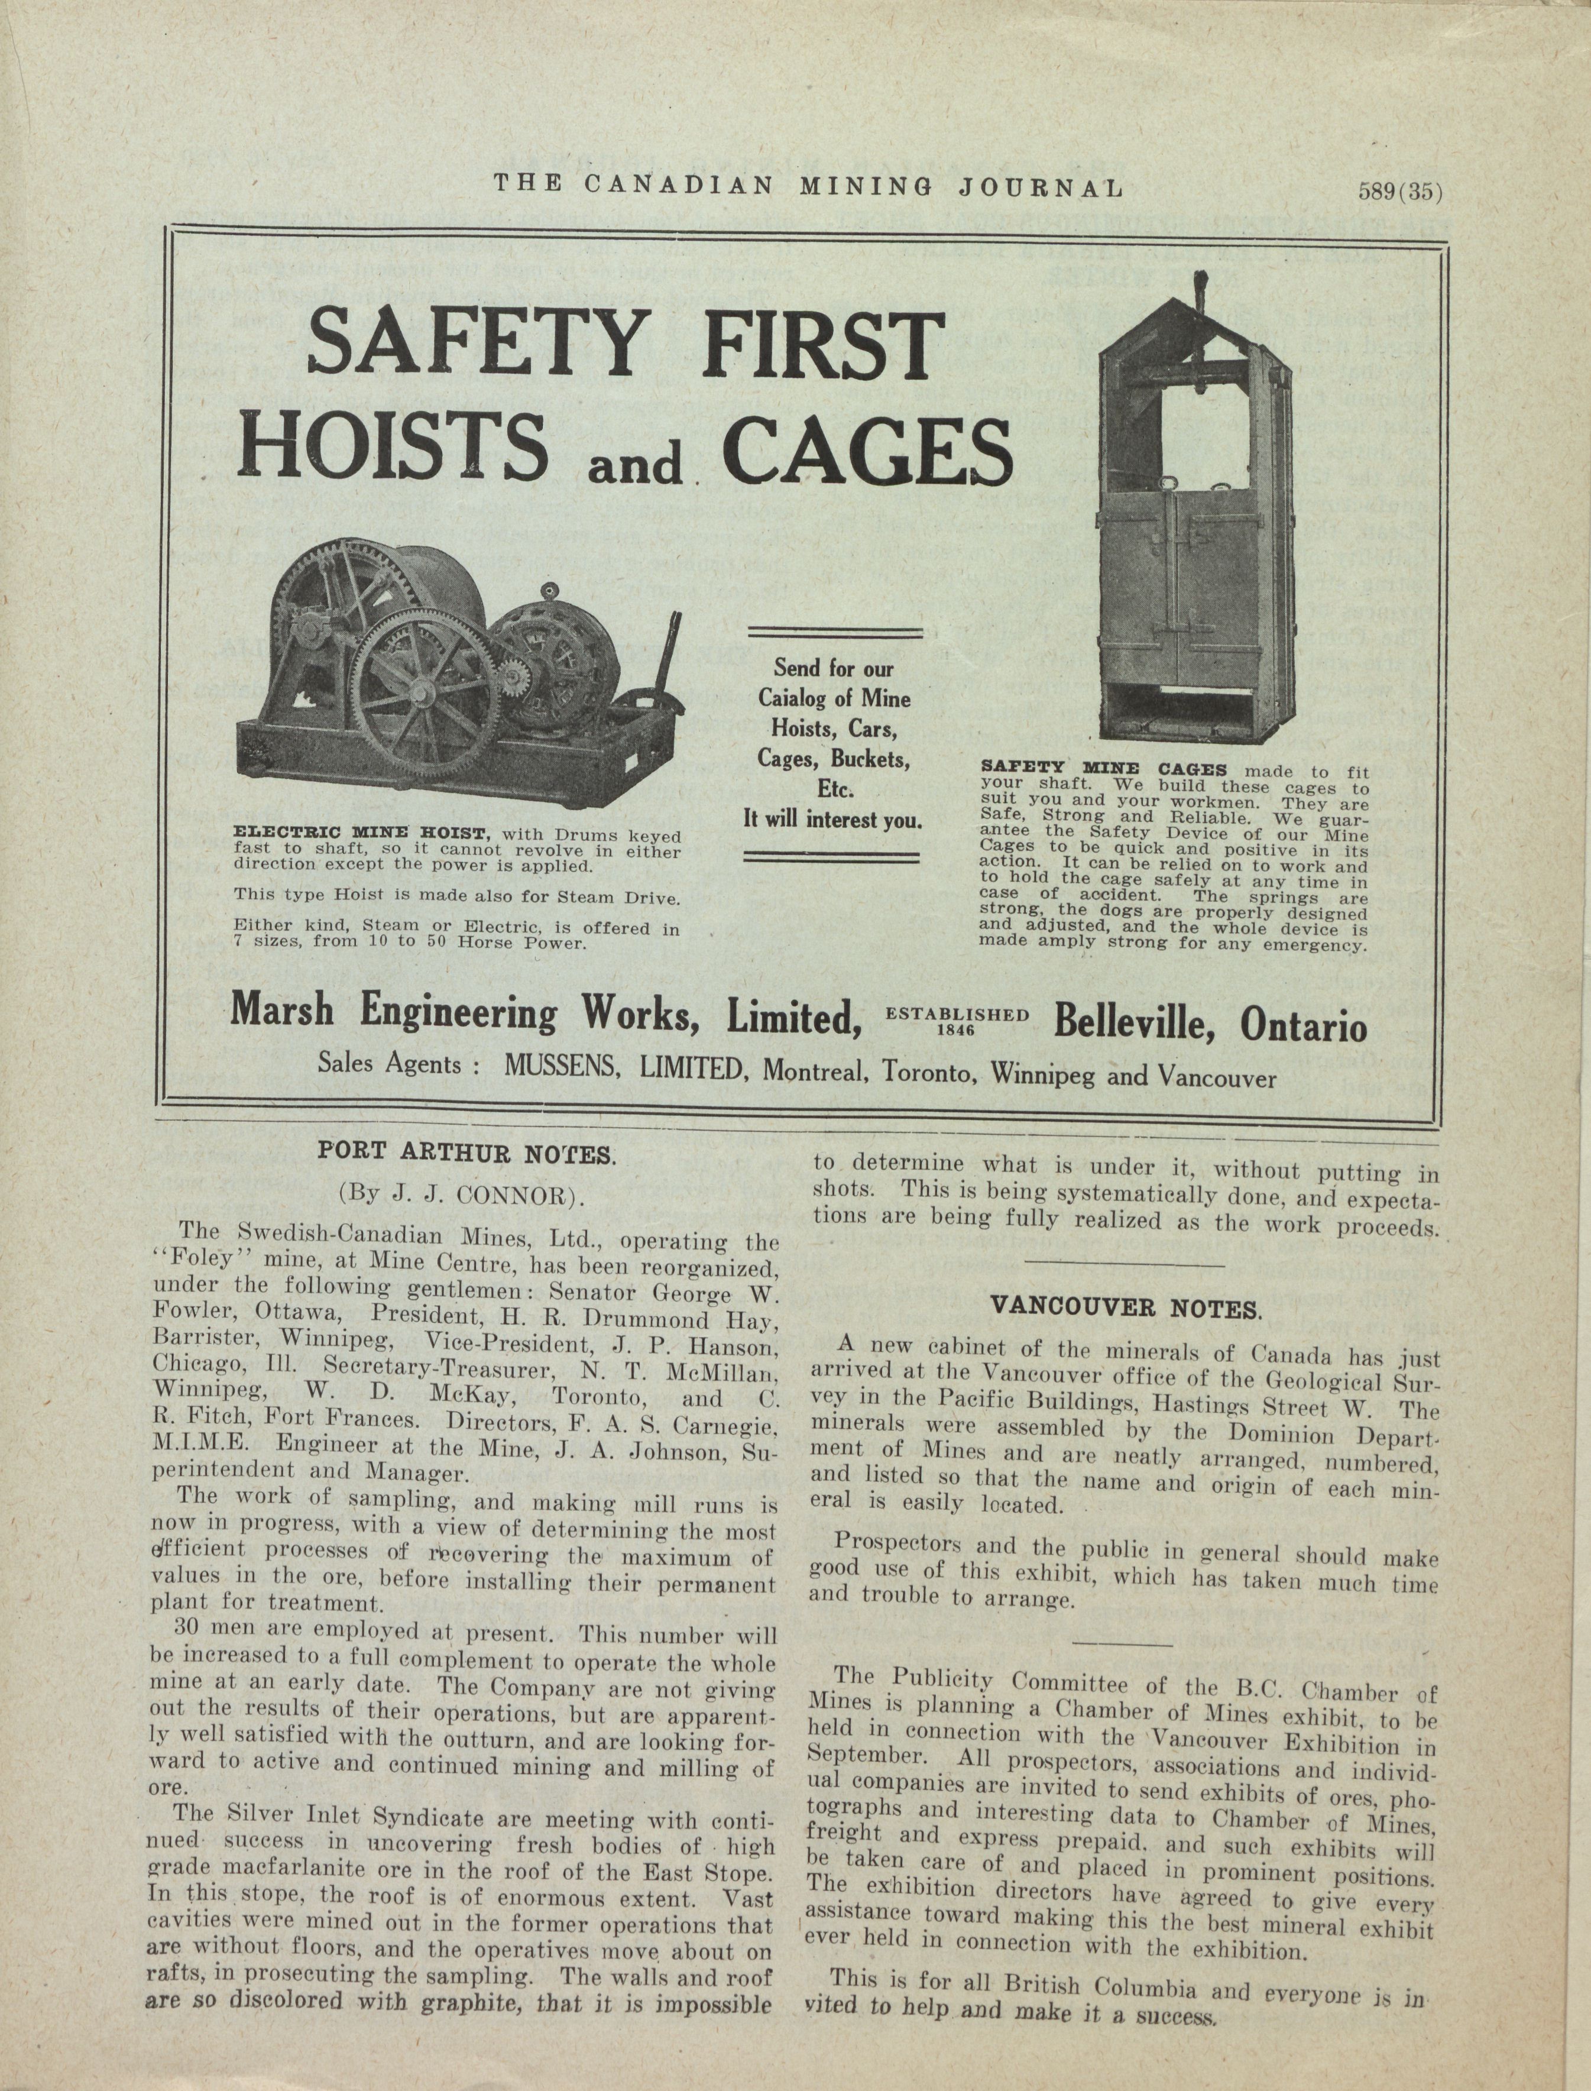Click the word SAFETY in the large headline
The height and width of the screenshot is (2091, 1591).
pyautogui.click(x=474, y=342)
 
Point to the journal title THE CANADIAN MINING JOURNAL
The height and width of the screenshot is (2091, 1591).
pyautogui.click(x=808, y=186)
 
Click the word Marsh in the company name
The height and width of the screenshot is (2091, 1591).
pyautogui.click(x=281, y=1011)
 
